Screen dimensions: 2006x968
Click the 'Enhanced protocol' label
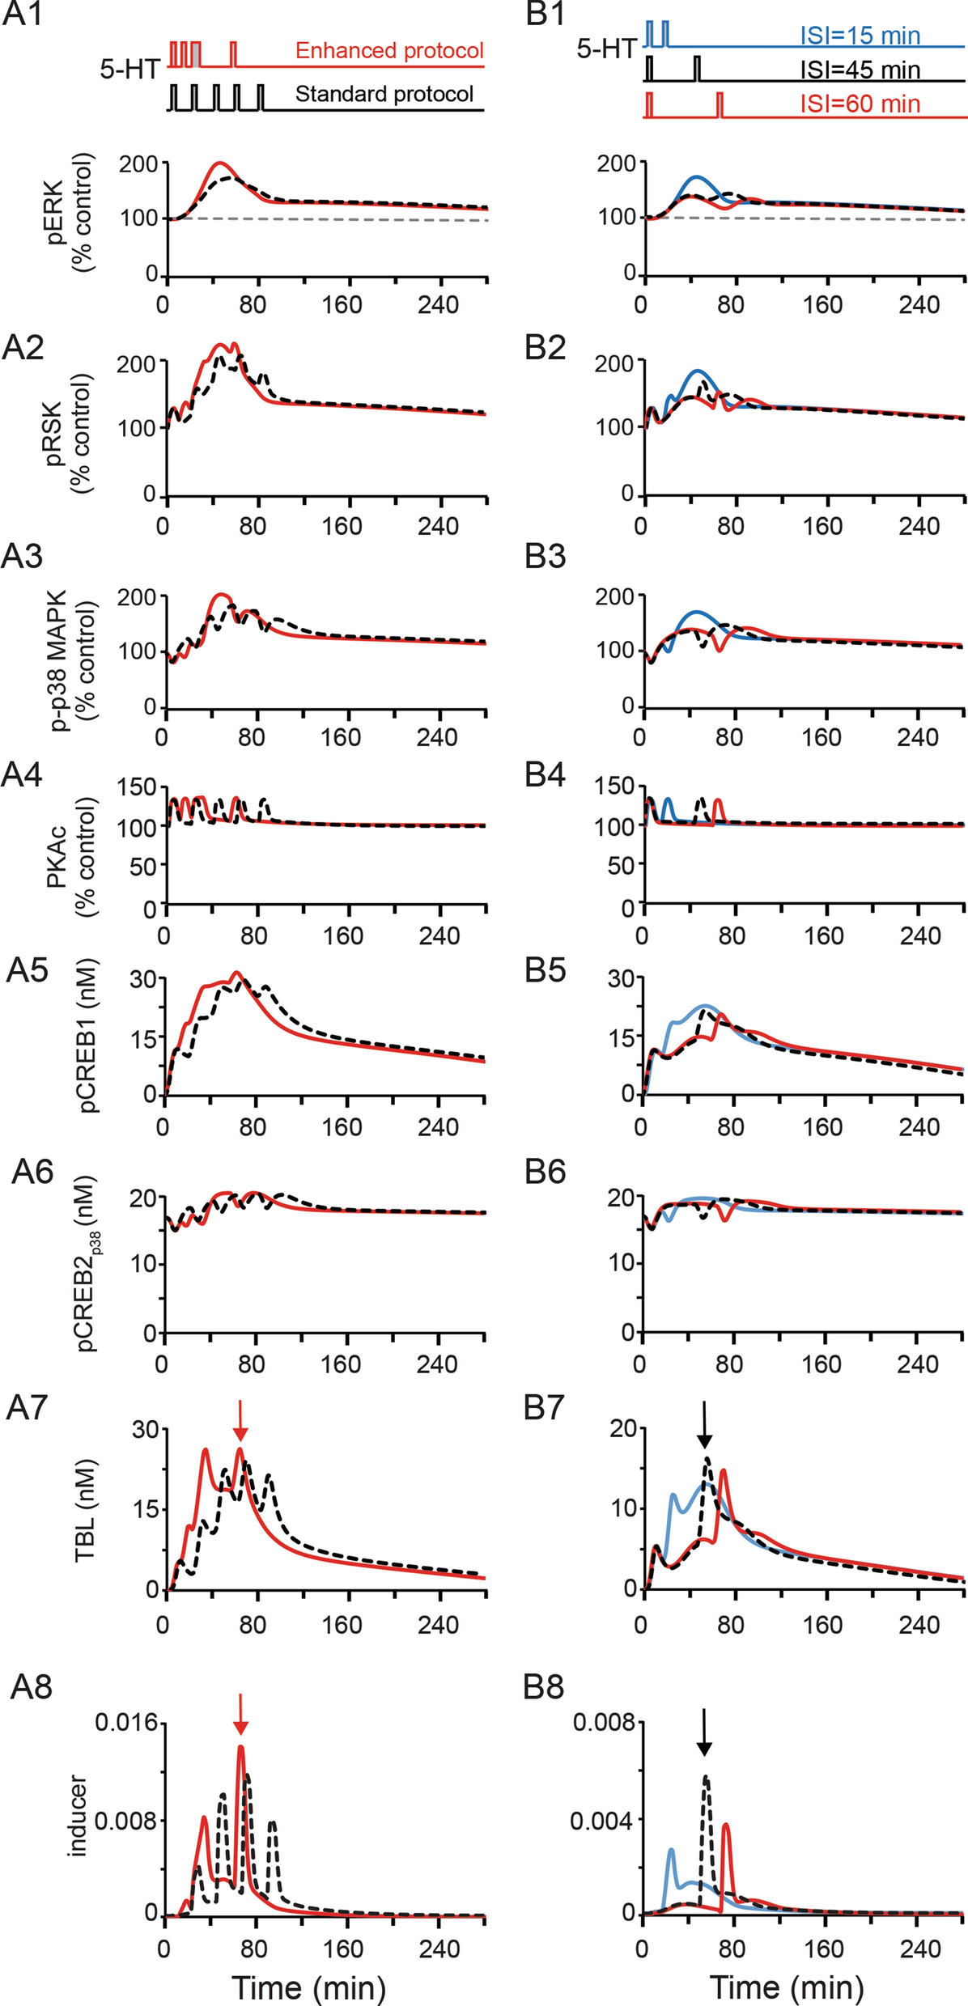click(x=389, y=51)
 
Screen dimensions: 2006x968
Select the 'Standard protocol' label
click(x=384, y=94)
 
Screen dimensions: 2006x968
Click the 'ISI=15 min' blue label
click(x=860, y=36)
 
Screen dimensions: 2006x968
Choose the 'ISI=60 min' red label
click(x=860, y=104)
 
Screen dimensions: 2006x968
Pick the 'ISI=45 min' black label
click(x=860, y=70)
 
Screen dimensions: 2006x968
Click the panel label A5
click(x=28, y=970)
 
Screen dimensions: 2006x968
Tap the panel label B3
click(x=545, y=557)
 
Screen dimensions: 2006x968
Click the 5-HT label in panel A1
click(x=129, y=70)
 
